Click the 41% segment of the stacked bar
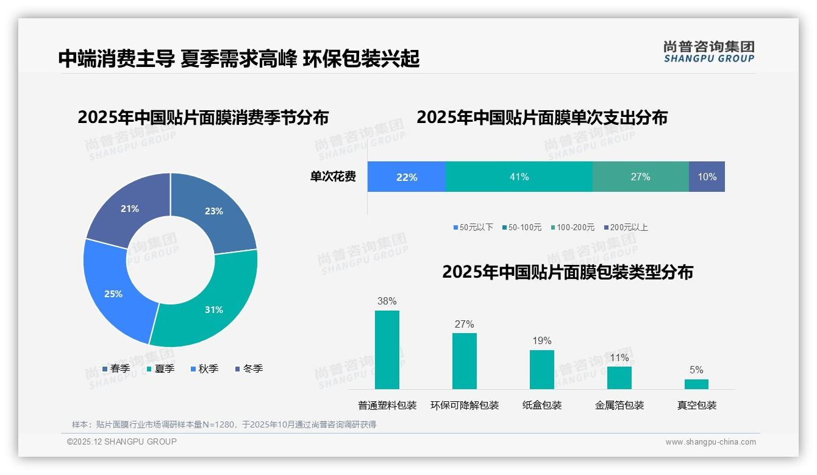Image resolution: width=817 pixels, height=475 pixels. [x=519, y=177]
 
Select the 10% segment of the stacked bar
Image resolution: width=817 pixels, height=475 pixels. [x=707, y=177]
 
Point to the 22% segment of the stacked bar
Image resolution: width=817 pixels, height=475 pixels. [x=407, y=177]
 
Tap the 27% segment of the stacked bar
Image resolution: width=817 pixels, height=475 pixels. [x=640, y=177]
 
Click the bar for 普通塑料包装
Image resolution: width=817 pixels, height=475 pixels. [x=387, y=350]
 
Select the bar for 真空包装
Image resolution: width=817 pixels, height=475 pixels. [x=696, y=384]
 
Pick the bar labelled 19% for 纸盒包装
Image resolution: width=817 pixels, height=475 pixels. [x=541, y=369]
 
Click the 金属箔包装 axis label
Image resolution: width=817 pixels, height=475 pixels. [x=619, y=406]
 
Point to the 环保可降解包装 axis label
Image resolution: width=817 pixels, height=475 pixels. [x=465, y=406]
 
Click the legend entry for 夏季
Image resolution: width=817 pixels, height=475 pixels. [x=161, y=369]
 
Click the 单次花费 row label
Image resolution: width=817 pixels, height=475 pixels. [x=333, y=177]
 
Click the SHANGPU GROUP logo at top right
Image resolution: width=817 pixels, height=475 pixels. [x=708, y=52]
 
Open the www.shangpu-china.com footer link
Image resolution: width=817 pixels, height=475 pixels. [x=710, y=442]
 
